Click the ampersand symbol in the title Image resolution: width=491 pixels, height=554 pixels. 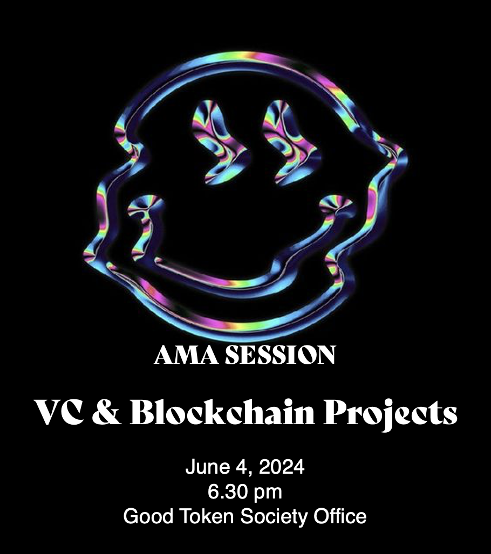pos(107,412)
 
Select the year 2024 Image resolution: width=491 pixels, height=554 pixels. pos(282,467)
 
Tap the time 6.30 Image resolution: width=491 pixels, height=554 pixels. pos(227,491)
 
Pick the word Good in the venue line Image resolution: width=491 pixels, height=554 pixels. pos(148,516)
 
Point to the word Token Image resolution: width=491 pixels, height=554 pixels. pos(207,516)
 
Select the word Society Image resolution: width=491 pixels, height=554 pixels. pos(274,517)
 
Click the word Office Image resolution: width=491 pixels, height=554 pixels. pos(340,516)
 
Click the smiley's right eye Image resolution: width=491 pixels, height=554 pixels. pos(291,143)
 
